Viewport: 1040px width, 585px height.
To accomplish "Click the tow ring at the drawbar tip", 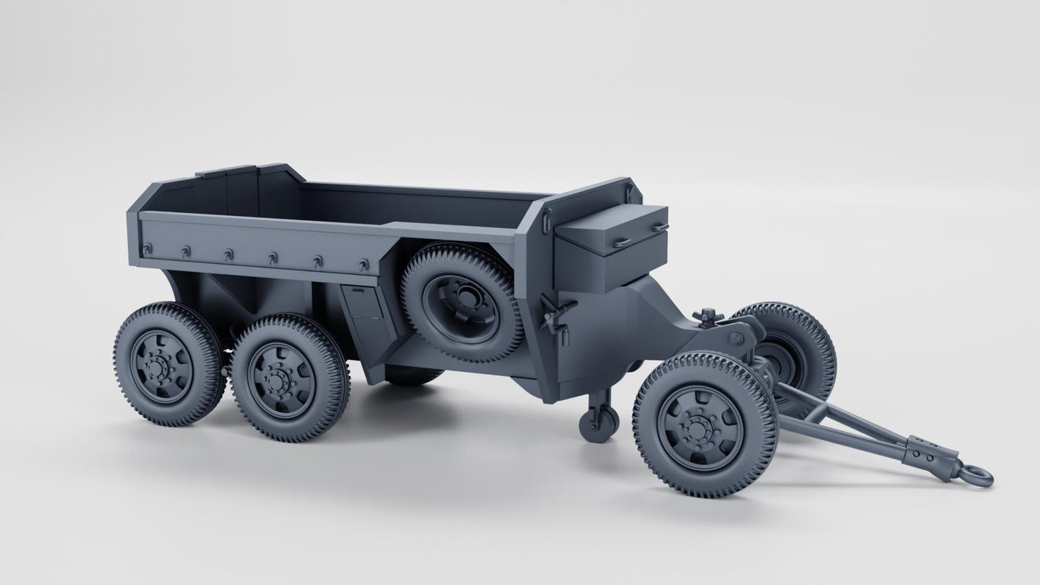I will point(978,476).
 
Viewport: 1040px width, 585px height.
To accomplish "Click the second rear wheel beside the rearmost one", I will point(289,377).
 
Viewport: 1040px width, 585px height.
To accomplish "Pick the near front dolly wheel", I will point(705,425).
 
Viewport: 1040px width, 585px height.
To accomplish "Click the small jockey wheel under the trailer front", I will point(600,422).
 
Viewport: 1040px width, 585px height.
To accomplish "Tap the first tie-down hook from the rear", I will point(148,248).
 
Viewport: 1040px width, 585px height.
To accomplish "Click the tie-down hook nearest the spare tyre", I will point(363,265).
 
